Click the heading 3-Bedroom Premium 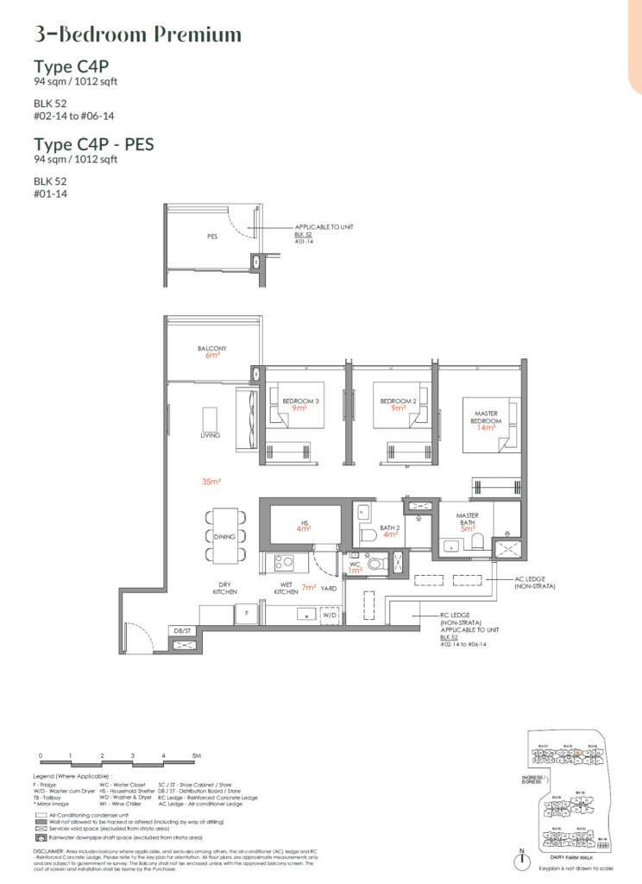(x=137, y=35)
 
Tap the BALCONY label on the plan (x=211, y=350)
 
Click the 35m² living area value (x=211, y=481)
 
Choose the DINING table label (x=224, y=536)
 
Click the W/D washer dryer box (x=330, y=616)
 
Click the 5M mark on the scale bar (x=197, y=755)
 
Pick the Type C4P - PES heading (x=94, y=144)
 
